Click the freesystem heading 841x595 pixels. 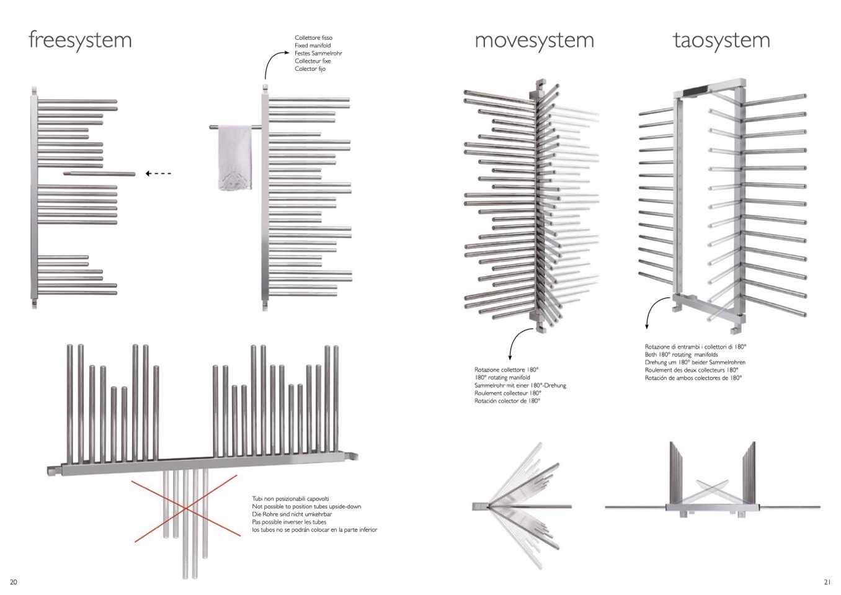[80, 40]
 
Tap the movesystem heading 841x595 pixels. [534, 40]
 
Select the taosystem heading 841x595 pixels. [721, 40]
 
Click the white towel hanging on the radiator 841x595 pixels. [236, 157]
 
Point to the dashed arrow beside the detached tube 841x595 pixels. [158, 174]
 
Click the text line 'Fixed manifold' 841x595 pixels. [313, 46]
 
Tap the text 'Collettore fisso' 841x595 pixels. [313, 38]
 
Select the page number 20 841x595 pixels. [14, 582]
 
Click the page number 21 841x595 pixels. [827, 582]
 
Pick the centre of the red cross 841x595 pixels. [186, 509]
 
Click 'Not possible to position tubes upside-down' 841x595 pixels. [306, 507]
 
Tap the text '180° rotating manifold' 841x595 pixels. [502, 378]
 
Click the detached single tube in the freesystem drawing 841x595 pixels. [99, 174]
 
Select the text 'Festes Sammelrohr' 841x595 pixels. [318, 53]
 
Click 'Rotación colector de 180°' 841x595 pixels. [507, 401]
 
